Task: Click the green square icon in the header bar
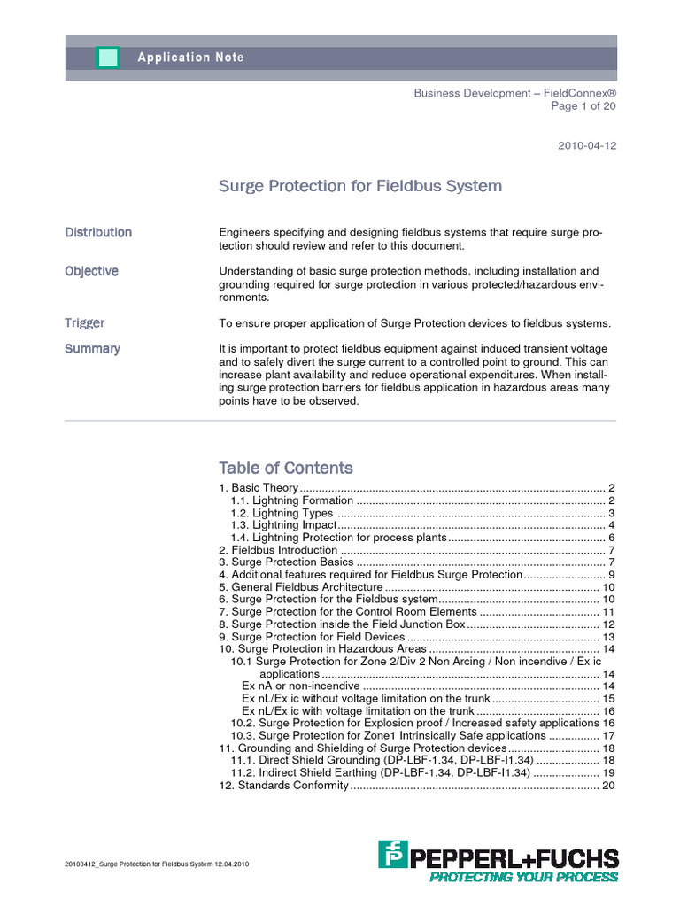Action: click(107, 58)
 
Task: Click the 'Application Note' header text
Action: click(190, 58)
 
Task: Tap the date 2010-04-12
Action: click(586, 146)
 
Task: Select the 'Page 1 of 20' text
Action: click(583, 105)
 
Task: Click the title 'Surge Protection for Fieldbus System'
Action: click(360, 186)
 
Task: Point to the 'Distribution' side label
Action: click(98, 232)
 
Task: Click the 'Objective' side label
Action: click(91, 271)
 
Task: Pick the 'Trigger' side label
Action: click(84, 323)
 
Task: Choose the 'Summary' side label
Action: click(92, 349)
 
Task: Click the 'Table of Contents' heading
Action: click(286, 468)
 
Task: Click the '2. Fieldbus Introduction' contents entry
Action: click(278, 550)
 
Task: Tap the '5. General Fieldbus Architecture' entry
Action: click(301, 587)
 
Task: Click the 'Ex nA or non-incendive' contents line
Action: click(301, 686)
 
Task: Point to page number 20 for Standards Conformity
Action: click(608, 785)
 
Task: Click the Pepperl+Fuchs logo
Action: click(498, 862)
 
